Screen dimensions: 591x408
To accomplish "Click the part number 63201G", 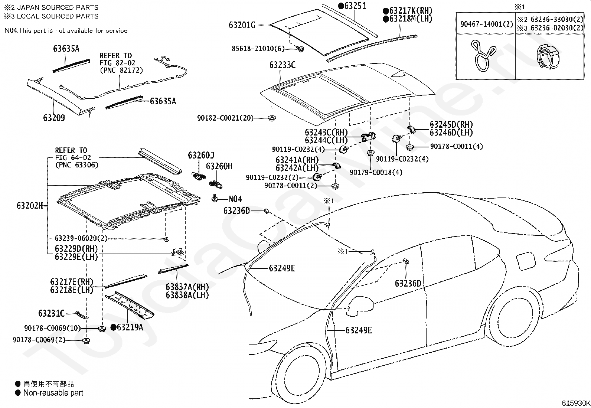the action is click(242, 25).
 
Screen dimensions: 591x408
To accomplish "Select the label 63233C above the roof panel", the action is click(282, 65).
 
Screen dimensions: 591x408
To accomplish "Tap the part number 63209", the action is click(54, 118).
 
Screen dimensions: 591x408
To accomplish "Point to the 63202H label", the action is click(30, 206).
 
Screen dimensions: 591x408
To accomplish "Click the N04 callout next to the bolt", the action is click(235, 199).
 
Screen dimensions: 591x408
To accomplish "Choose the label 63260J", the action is click(201, 155).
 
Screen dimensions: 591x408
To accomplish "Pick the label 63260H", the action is click(219, 166).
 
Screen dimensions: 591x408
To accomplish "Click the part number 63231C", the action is click(52, 313).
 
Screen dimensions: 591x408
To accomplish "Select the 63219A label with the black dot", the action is click(127, 327).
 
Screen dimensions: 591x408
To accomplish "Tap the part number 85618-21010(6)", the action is click(258, 49).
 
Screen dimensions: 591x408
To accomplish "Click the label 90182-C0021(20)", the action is click(225, 118).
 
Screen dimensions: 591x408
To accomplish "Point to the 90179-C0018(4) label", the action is click(376, 172).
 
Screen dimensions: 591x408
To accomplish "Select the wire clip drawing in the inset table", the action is click(483, 56).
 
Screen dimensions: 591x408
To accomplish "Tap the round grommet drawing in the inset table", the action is click(548, 57).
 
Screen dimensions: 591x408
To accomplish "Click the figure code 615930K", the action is click(576, 403).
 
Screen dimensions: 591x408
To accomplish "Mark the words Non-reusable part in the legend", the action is click(53, 393).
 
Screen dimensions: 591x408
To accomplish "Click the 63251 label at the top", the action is click(352, 6).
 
